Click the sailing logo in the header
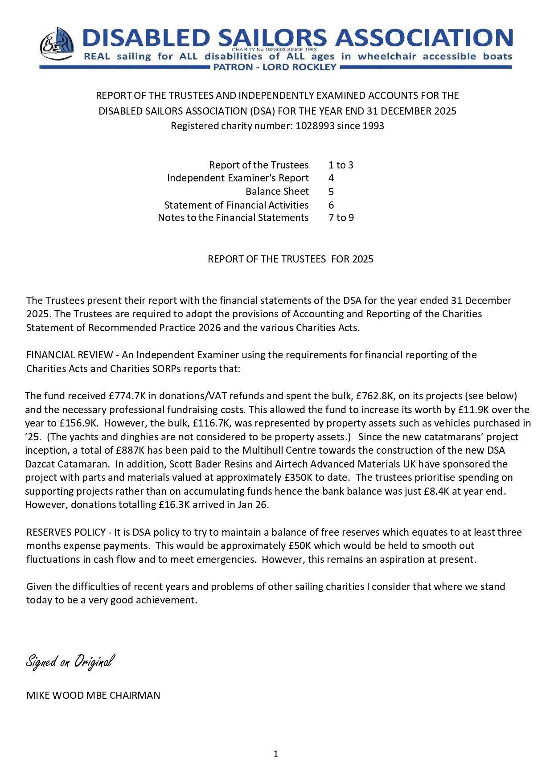point(57,44)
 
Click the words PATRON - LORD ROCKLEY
point(275,67)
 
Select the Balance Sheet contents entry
point(277,192)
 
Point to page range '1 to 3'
point(341,165)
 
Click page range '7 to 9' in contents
point(341,218)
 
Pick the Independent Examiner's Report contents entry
point(238,178)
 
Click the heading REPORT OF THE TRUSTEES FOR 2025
point(290,259)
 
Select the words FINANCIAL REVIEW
point(70,355)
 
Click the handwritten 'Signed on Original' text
point(70,661)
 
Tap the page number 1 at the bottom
point(276,754)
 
